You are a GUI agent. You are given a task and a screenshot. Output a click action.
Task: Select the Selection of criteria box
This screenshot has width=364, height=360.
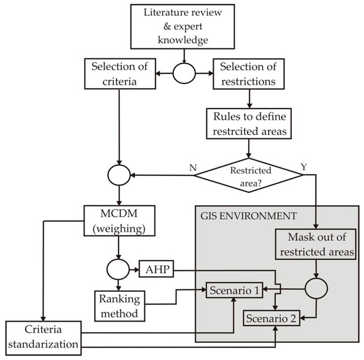(x=116, y=73)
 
